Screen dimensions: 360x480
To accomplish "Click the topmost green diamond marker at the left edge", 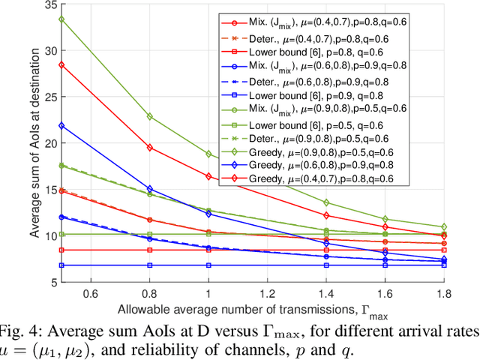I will tap(61, 19).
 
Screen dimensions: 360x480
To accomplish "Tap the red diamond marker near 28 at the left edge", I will tap(61, 65).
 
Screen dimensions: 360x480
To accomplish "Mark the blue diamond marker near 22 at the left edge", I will tap(61, 125).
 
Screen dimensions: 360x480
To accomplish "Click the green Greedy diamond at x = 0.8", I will tap(149, 116).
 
